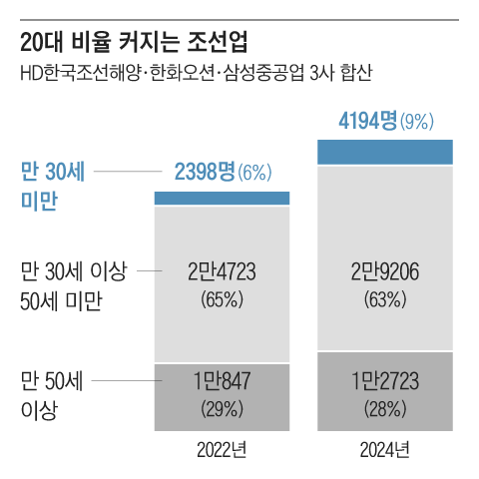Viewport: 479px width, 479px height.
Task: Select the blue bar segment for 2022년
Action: pyautogui.click(x=222, y=198)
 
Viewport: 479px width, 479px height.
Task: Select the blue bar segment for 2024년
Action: pyautogui.click(x=385, y=152)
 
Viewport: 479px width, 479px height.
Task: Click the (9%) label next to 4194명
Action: pyautogui.click(x=416, y=125)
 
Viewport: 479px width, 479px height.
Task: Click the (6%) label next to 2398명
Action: pyautogui.click(x=253, y=173)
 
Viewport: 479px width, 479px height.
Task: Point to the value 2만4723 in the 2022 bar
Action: pyautogui.click(x=222, y=270)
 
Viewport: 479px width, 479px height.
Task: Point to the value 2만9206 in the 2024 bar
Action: pyautogui.click(x=385, y=270)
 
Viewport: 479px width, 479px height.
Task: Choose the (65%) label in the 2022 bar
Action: pyautogui.click(x=222, y=297)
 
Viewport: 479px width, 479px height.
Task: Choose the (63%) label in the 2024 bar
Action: pyautogui.click(x=385, y=297)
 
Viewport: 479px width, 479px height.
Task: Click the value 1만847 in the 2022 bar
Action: pyautogui.click(x=222, y=380)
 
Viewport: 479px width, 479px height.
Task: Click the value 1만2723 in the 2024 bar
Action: pyautogui.click(x=385, y=380)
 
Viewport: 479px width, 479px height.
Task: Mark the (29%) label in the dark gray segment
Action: pyautogui.click(x=222, y=407)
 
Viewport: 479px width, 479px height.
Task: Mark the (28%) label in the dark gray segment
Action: pyautogui.click(x=385, y=407)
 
